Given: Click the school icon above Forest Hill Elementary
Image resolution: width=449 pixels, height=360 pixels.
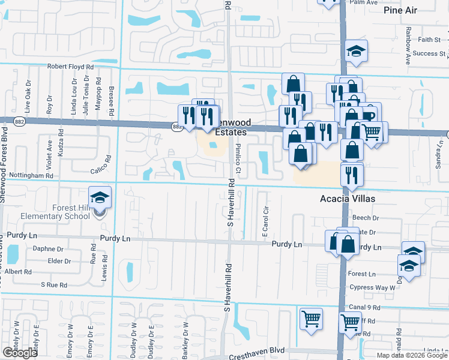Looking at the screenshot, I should pyautogui.click(x=100, y=198).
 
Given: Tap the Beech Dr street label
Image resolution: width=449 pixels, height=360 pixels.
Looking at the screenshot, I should pyautogui.click(x=367, y=218).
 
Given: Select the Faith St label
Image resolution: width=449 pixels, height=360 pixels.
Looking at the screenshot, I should pyautogui.click(x=429, y=40).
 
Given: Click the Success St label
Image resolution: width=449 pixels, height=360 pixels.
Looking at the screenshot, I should pyautogui.click(x=429, y=53).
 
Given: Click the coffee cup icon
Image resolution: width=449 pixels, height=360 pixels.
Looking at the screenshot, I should pyautogui.click(x=367, y=115).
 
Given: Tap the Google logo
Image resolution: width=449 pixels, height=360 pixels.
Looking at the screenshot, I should pyautogui.click(x=20, y=352).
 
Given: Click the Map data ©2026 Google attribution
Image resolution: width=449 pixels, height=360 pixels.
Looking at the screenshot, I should pyautogui.click(x=412, y=355).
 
